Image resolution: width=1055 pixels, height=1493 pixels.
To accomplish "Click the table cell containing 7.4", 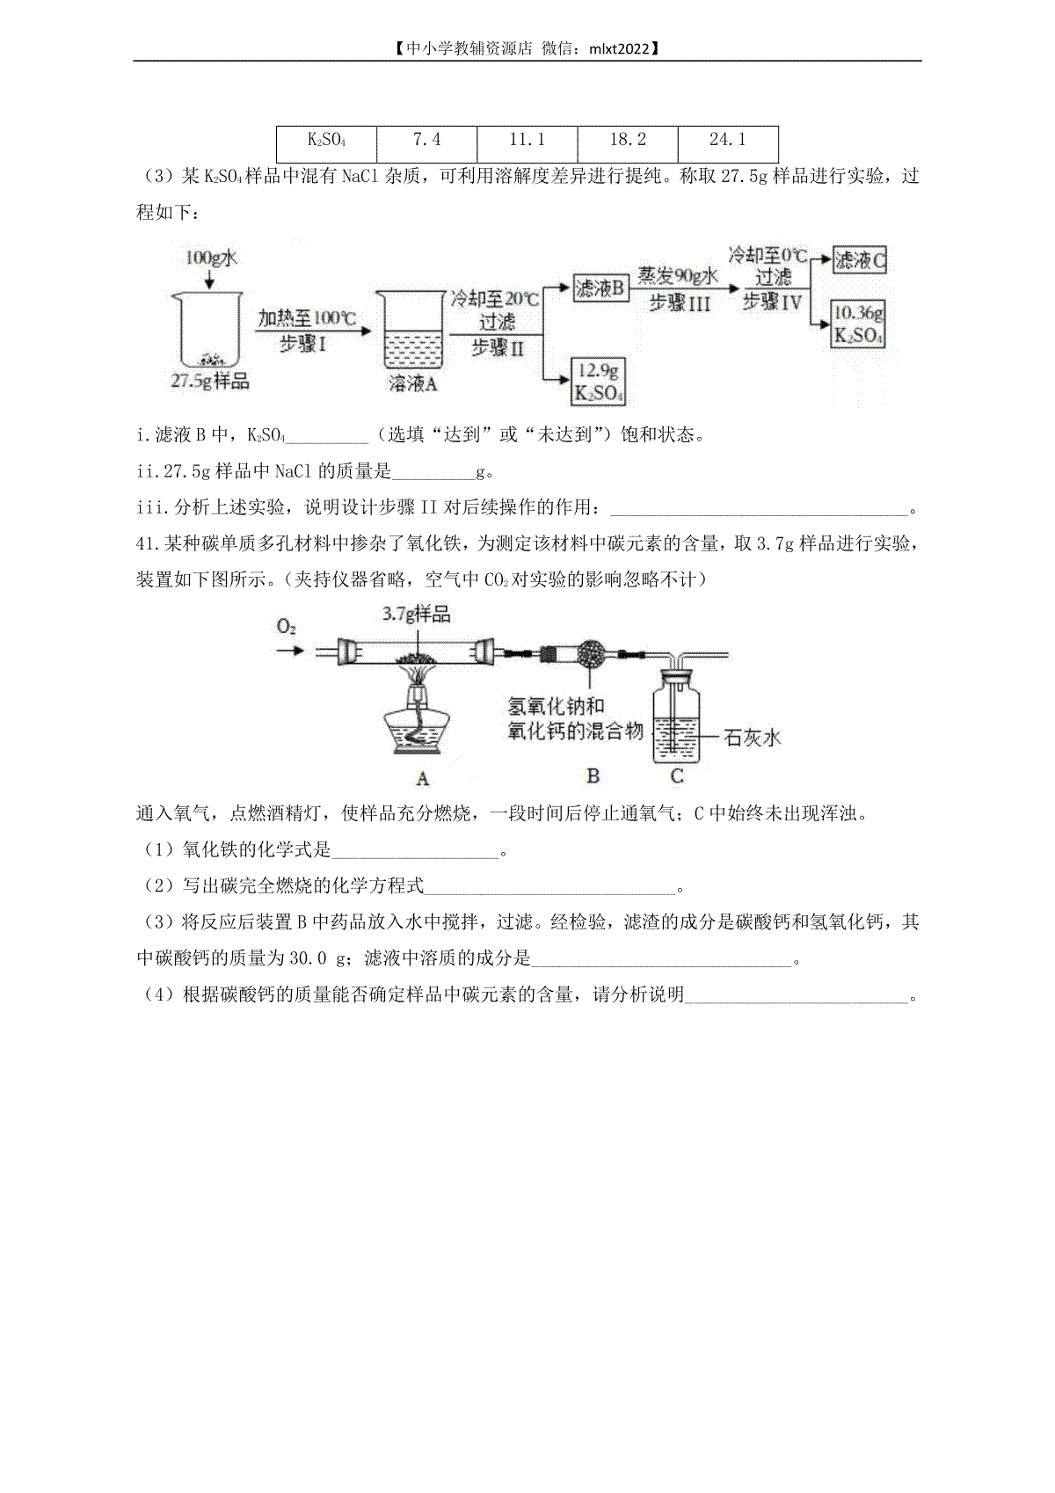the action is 426,144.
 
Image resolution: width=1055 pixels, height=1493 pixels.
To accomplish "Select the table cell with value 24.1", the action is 728,144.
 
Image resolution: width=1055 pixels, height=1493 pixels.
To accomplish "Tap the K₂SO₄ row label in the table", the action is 326,144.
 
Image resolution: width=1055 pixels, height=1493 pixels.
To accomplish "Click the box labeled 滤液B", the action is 601,288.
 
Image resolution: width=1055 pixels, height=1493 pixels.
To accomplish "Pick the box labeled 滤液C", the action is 860,260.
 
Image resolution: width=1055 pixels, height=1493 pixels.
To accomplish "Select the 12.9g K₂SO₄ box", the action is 599,382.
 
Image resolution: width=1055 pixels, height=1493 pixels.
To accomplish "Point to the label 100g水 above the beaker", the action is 211,258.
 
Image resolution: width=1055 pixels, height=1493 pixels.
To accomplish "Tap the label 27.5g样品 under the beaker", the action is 210,382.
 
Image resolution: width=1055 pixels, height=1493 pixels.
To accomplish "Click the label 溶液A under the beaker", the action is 413,383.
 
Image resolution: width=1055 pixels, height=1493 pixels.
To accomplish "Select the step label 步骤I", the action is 302,344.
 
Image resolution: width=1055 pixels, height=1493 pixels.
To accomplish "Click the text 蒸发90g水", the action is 678,276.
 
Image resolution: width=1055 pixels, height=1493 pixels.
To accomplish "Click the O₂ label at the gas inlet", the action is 286,627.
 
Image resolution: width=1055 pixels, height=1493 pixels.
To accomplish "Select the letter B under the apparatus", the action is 593,776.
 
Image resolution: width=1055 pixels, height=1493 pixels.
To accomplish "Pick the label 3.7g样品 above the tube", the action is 417,614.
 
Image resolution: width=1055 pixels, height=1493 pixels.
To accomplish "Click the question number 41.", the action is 145,544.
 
